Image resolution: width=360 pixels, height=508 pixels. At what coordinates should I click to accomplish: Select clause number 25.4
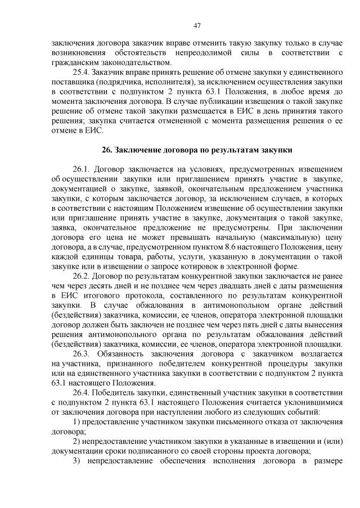pyautogui.click(x=82, y=72)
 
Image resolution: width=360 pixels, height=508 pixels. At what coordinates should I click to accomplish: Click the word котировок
pyautogui.click(x=210, y=266)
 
